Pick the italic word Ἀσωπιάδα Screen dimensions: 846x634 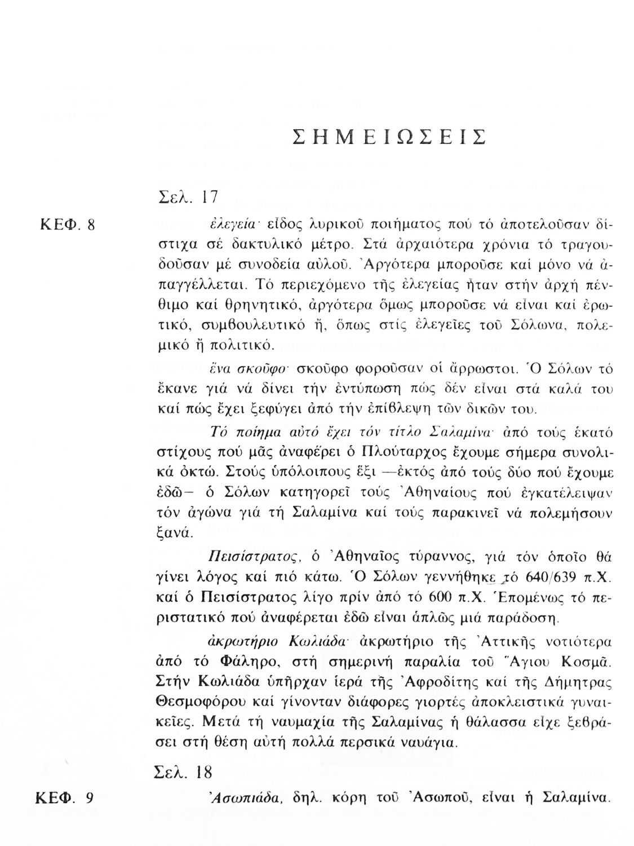tap(242, 798)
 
